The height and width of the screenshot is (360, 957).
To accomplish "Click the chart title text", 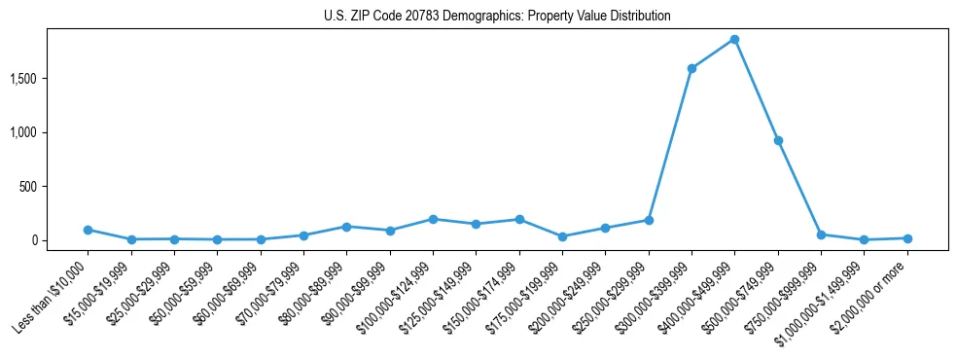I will coord(497,17).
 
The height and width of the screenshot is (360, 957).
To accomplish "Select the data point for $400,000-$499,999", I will coord(734,40).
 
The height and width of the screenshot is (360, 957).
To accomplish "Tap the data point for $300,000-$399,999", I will coord(691,68).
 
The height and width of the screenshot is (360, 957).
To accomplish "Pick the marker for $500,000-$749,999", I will coord(778,140).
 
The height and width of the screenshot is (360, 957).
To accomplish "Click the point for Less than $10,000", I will coord(88,230).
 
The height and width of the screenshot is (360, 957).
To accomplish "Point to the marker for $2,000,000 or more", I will coord(907,238).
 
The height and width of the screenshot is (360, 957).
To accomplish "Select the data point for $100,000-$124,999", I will coord(433,219).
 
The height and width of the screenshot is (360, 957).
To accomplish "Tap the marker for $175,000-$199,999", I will coord(562,236).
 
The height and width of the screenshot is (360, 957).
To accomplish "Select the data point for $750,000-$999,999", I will coord(821,234).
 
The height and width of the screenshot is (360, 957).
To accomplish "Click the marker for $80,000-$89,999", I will coord(346,227).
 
